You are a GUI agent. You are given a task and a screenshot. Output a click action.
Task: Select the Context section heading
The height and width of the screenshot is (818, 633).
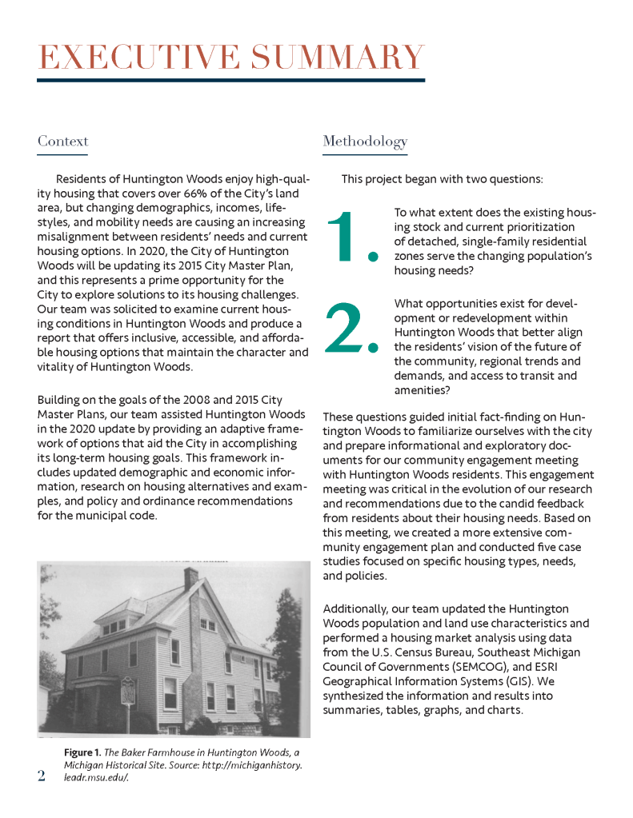[63, 142]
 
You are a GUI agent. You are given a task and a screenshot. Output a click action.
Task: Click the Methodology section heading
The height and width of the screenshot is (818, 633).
[365, 142]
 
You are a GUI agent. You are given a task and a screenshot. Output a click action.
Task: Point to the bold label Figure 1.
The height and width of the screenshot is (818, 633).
[82, 752]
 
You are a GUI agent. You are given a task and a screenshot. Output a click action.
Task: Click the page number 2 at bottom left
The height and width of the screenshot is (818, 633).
[42, 776]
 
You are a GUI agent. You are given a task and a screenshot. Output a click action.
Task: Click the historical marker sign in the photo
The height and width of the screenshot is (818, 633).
[128, 690]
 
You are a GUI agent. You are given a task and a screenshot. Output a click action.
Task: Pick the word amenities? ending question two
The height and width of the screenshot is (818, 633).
[422, 390]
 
